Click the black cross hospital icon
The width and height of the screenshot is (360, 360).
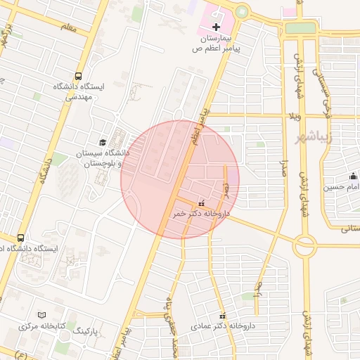(x=216, y=26)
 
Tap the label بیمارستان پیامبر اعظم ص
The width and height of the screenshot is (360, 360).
(x=217, y=43)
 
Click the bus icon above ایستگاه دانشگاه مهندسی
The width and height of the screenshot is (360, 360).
(x=77, y=76)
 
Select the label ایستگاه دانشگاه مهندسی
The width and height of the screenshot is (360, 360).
(x=77, y=92)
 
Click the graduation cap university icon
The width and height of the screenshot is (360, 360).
(x=103, y=143)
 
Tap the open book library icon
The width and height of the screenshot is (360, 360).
(x=41, y=315)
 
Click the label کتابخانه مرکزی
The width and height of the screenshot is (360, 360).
(x=41, y=327)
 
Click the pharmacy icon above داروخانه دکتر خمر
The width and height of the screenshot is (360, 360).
(x=202, y=202)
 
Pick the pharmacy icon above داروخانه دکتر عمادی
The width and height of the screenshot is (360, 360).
(x=223, y=316)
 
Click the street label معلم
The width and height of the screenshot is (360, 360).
(x=67, y=27)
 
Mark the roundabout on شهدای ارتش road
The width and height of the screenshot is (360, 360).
(x=305, y=246)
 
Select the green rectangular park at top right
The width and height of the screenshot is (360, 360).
(x=300, y=28)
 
